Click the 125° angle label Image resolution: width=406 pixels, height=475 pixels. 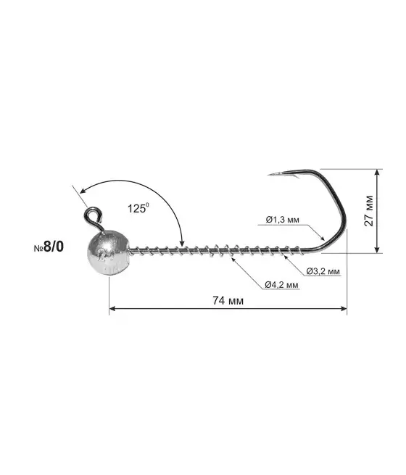coord(138,208)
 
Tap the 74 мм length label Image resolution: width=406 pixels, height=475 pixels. coord(228,300)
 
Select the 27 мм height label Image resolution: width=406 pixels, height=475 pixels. coord(369,211)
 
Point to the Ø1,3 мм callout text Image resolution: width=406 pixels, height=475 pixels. coord(283,220)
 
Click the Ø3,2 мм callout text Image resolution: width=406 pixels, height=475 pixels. coord(323,271)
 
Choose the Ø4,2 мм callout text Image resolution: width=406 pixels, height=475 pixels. coord(281,285)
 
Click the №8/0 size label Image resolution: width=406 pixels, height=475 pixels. coord(49,247)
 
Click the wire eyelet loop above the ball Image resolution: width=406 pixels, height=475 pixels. coord(92,217)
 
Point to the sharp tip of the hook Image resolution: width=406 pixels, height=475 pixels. coord(268,175)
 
